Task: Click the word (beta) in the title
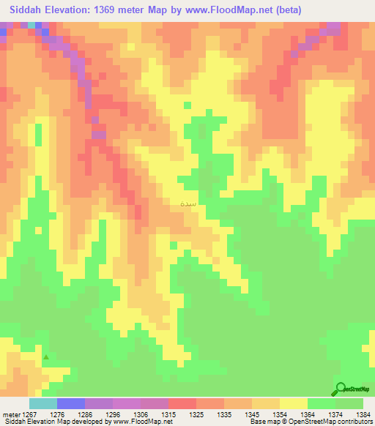click(x=283, y=10)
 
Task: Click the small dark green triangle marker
click(x=46, y=358)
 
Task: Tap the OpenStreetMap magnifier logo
click(x=341, y=389)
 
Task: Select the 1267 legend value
click(x=29, y=415)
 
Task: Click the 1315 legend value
click(x=168, y=415)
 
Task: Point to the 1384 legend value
click(x=363, y=415)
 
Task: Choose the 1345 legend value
click(x=251, y=415)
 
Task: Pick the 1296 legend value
click(x=112, y=415)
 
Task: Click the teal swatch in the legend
click(x=42, y=403)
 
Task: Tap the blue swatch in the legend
click(x=70, y=403)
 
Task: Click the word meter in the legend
click(x=11, y=415)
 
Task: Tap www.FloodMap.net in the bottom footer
click(x=144, y=422)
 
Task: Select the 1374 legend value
click(x=335, y=415)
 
